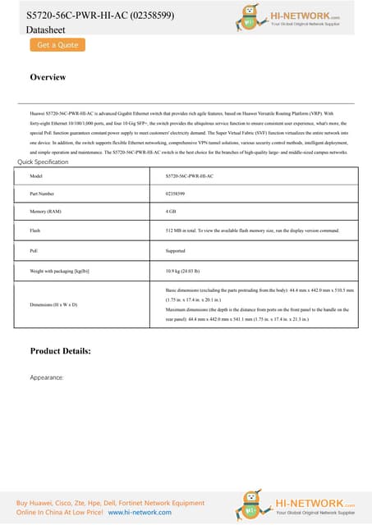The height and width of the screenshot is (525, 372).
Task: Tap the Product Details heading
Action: click(71, 351)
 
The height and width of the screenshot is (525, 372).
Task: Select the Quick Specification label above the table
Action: click(43, 162)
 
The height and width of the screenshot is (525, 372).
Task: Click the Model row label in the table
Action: click(35, 176)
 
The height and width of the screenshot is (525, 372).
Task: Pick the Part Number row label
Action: click(43, 194)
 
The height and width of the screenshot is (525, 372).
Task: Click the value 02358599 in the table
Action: click(175, 194)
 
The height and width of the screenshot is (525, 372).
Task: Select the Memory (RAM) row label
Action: click(45, 212)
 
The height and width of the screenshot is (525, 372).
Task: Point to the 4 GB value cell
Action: click(171, 212)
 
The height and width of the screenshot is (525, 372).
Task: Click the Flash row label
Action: click(35, 231)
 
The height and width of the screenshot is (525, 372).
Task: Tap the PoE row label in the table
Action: click(34, 250)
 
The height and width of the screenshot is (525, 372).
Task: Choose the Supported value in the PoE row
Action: click(176, 250)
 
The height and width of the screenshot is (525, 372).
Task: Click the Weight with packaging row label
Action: click(58, 269)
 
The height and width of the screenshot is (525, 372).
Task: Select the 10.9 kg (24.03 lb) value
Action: click(184, 269)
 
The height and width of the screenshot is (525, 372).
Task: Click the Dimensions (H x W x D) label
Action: click(53, 304)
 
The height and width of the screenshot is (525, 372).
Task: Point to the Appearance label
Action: click(47, 378)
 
